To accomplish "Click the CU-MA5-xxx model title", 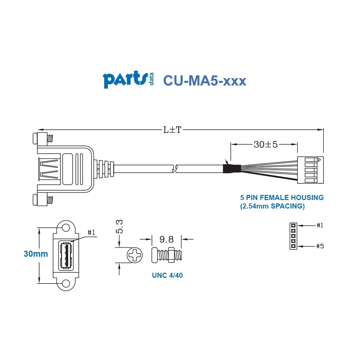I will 204,80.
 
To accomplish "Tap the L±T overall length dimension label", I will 173,129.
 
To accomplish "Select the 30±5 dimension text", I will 266,144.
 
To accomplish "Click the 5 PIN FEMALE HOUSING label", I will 282,197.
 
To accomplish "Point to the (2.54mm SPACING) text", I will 272,206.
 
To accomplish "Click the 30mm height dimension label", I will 36,254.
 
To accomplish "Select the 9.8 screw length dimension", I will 166,239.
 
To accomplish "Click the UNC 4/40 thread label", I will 167,275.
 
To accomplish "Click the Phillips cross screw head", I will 135,255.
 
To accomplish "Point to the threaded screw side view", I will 167,255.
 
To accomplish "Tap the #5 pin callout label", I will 320,246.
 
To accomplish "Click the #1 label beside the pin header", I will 320,225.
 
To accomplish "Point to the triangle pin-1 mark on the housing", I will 319,159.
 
